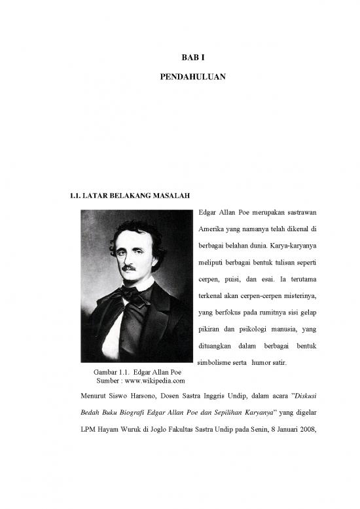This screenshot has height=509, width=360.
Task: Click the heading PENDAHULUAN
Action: pos(193,77)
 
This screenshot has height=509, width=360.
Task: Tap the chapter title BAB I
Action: pos(193,58)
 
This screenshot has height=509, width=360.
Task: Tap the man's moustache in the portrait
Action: pos(129,269)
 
